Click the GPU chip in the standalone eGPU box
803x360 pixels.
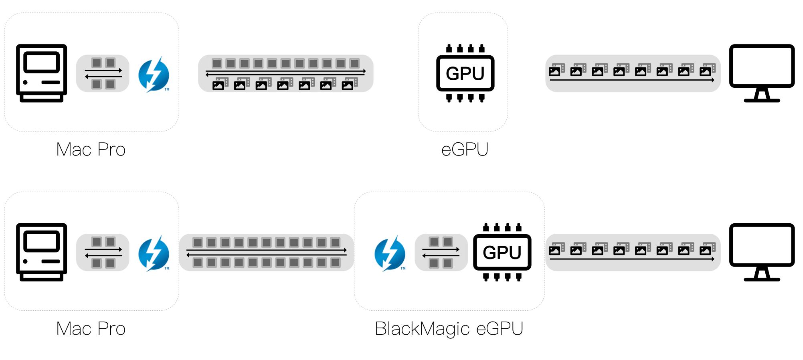tap(465, 73)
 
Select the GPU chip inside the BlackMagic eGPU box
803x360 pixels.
tap(502, 253)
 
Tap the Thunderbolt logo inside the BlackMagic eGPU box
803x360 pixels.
tap(390, 253)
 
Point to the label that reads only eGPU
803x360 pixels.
tap(465, 150)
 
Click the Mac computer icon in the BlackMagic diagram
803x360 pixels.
tap(41, 252)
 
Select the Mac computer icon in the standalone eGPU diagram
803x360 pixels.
tap(41, 73)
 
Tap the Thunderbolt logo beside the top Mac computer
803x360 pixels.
tap(154, 75)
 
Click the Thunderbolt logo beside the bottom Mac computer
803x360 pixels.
tap(154, 253)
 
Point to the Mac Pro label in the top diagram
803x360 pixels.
tap(91, 150)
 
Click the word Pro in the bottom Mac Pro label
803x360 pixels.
tap(111, 329)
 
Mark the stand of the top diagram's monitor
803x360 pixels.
tap(762, 95)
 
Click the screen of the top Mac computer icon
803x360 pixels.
tap(41, 63)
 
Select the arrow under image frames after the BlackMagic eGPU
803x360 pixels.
tap(632, 259)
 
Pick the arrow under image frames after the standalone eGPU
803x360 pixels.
tap(632, 80)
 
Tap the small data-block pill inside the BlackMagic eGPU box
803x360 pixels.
tap(441, 253)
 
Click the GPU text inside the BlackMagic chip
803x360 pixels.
tap(502, 253)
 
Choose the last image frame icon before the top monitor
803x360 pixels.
tap(707, 70)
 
